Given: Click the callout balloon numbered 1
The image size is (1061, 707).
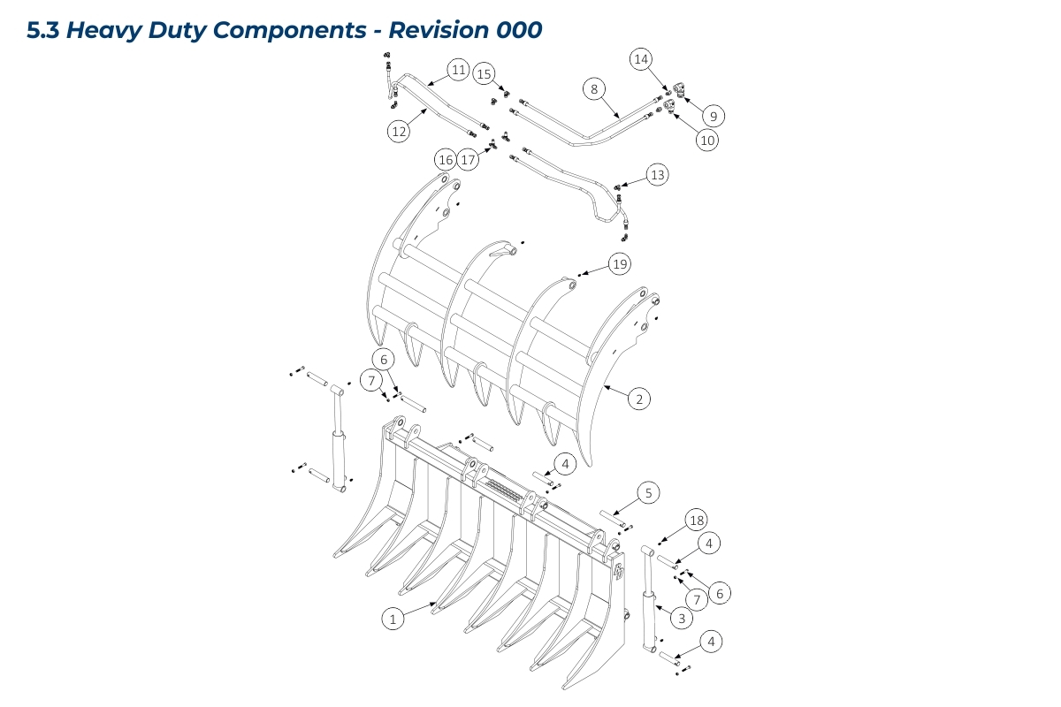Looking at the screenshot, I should tap(393, 619).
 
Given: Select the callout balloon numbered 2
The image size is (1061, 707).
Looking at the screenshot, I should tap(639, 399).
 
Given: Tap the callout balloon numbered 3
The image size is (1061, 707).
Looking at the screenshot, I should tap(681, 619).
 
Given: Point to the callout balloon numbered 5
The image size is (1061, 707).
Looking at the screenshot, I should tap(648, 493).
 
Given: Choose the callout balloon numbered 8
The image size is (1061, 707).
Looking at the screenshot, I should tap(594, 89).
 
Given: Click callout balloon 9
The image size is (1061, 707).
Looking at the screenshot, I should tap(714, 115).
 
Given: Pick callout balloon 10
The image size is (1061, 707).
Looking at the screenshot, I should tap(706, 139).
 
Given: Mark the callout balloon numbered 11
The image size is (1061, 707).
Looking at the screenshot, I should tap(457, 70).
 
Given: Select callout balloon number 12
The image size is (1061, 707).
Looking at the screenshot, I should tap(399, 132).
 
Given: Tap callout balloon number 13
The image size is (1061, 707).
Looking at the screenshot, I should tap(657, 175).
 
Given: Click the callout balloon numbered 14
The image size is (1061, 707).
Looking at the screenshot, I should tap(641, 59).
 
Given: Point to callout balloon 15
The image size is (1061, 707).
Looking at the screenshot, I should tap(484, 74).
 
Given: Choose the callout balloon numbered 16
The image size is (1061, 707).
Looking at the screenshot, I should tap(445, 160).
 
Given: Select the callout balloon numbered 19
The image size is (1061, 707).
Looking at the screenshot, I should tap(620, 264).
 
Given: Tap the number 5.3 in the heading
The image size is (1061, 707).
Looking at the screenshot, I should tap(43, 30).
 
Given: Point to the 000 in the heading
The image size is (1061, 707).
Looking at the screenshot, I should tap(518, 30).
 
